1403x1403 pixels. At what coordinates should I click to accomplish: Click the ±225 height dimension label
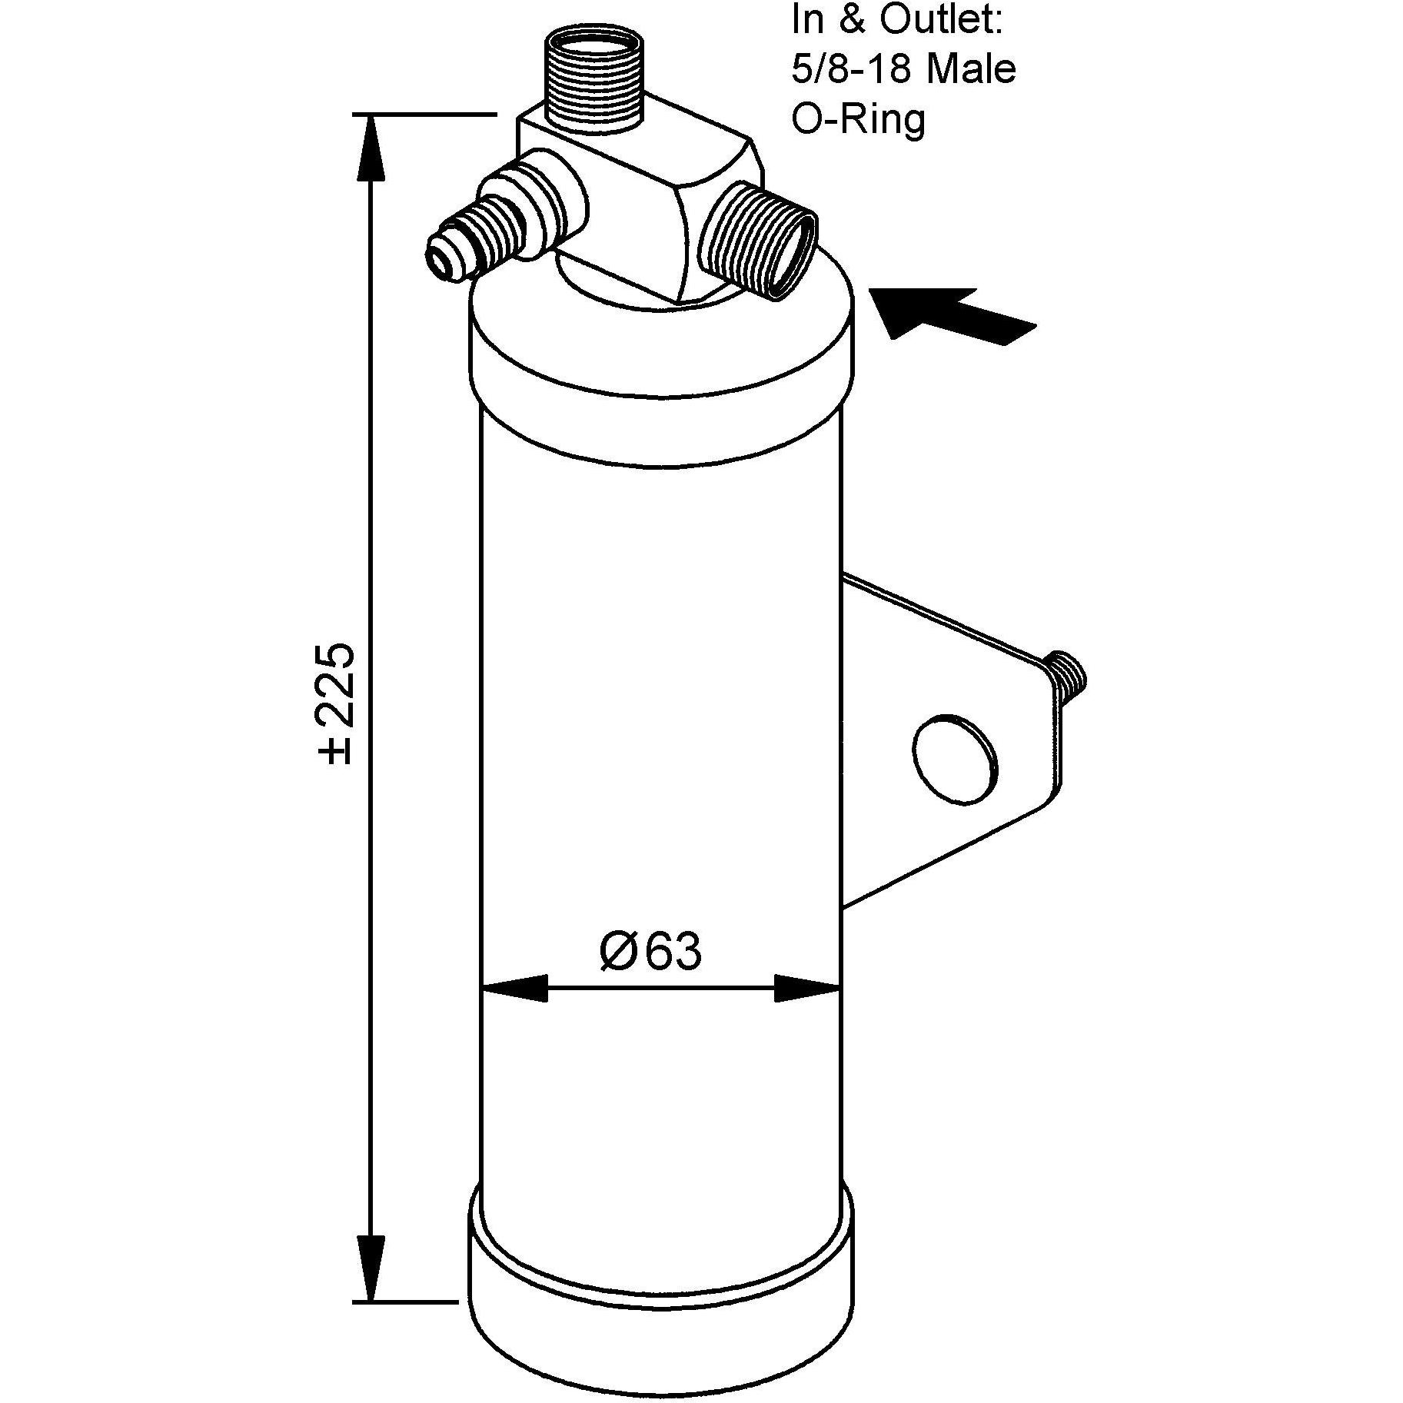(337, 703)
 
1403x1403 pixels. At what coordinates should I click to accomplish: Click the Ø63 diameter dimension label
(650, 952)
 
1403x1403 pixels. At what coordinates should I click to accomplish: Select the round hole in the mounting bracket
(955, 759)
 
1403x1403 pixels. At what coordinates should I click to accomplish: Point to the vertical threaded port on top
(592, 78)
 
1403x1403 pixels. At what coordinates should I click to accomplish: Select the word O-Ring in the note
(858, 120)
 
